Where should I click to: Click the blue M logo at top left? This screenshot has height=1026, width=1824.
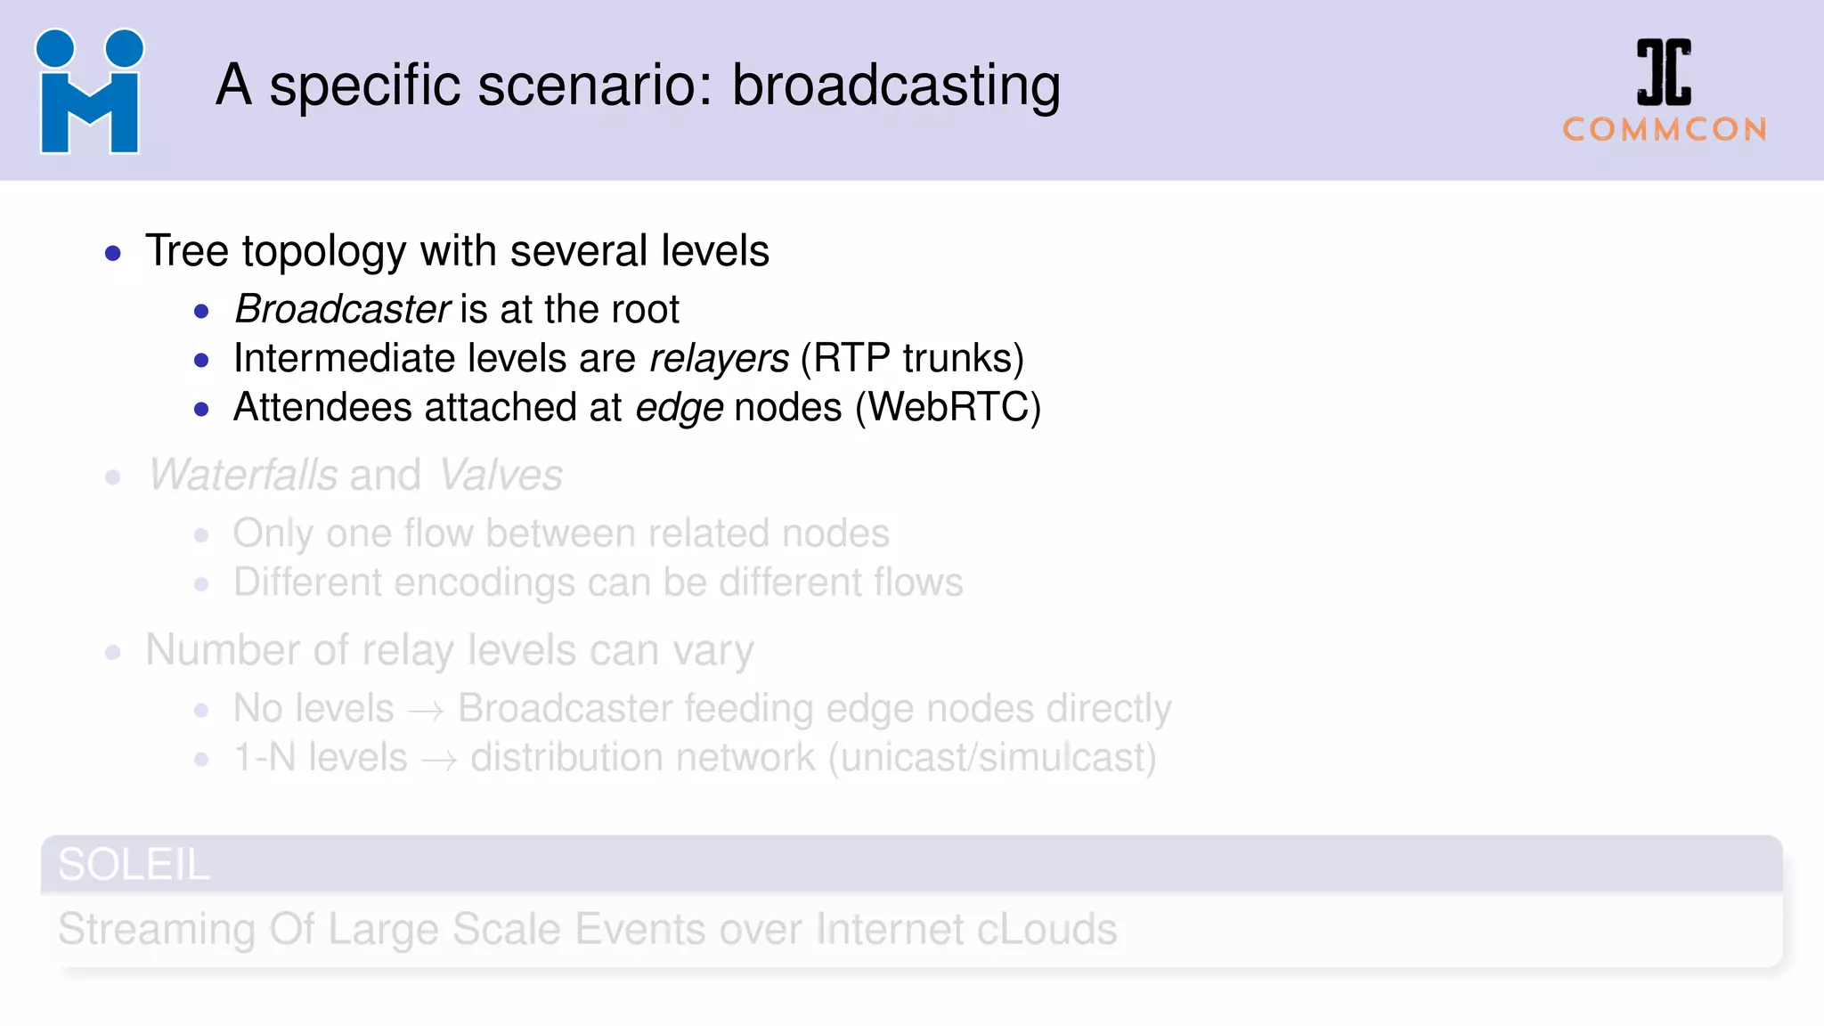click(89, 92)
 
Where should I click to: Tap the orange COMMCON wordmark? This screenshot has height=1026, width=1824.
click(1665, 130)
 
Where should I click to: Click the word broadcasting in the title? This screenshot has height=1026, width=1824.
click(896, 86)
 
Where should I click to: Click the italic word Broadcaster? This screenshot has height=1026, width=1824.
click(342, 310)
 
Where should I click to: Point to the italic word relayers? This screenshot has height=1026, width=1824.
click(719, 359)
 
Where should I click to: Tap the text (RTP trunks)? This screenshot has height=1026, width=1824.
click(912, 359)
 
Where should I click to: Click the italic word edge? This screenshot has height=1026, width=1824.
click(679, 408)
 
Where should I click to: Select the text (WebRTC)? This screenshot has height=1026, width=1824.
click(948, 408)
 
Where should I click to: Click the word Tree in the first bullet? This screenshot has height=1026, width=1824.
click(187, 251)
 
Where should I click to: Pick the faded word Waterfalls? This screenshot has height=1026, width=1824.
click(242, 475)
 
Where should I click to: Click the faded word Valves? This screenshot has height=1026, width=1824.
click(501, 475)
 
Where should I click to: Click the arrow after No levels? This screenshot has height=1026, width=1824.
click(426, 711)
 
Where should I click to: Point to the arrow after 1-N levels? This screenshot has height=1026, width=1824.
click(439, 760)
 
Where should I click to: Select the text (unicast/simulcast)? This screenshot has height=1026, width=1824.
click(992, 758)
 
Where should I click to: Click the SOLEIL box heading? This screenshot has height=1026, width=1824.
click(134, 865)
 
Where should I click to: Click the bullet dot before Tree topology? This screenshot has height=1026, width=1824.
click(113, 254)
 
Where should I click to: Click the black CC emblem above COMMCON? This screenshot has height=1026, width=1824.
click(1664, 72)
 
